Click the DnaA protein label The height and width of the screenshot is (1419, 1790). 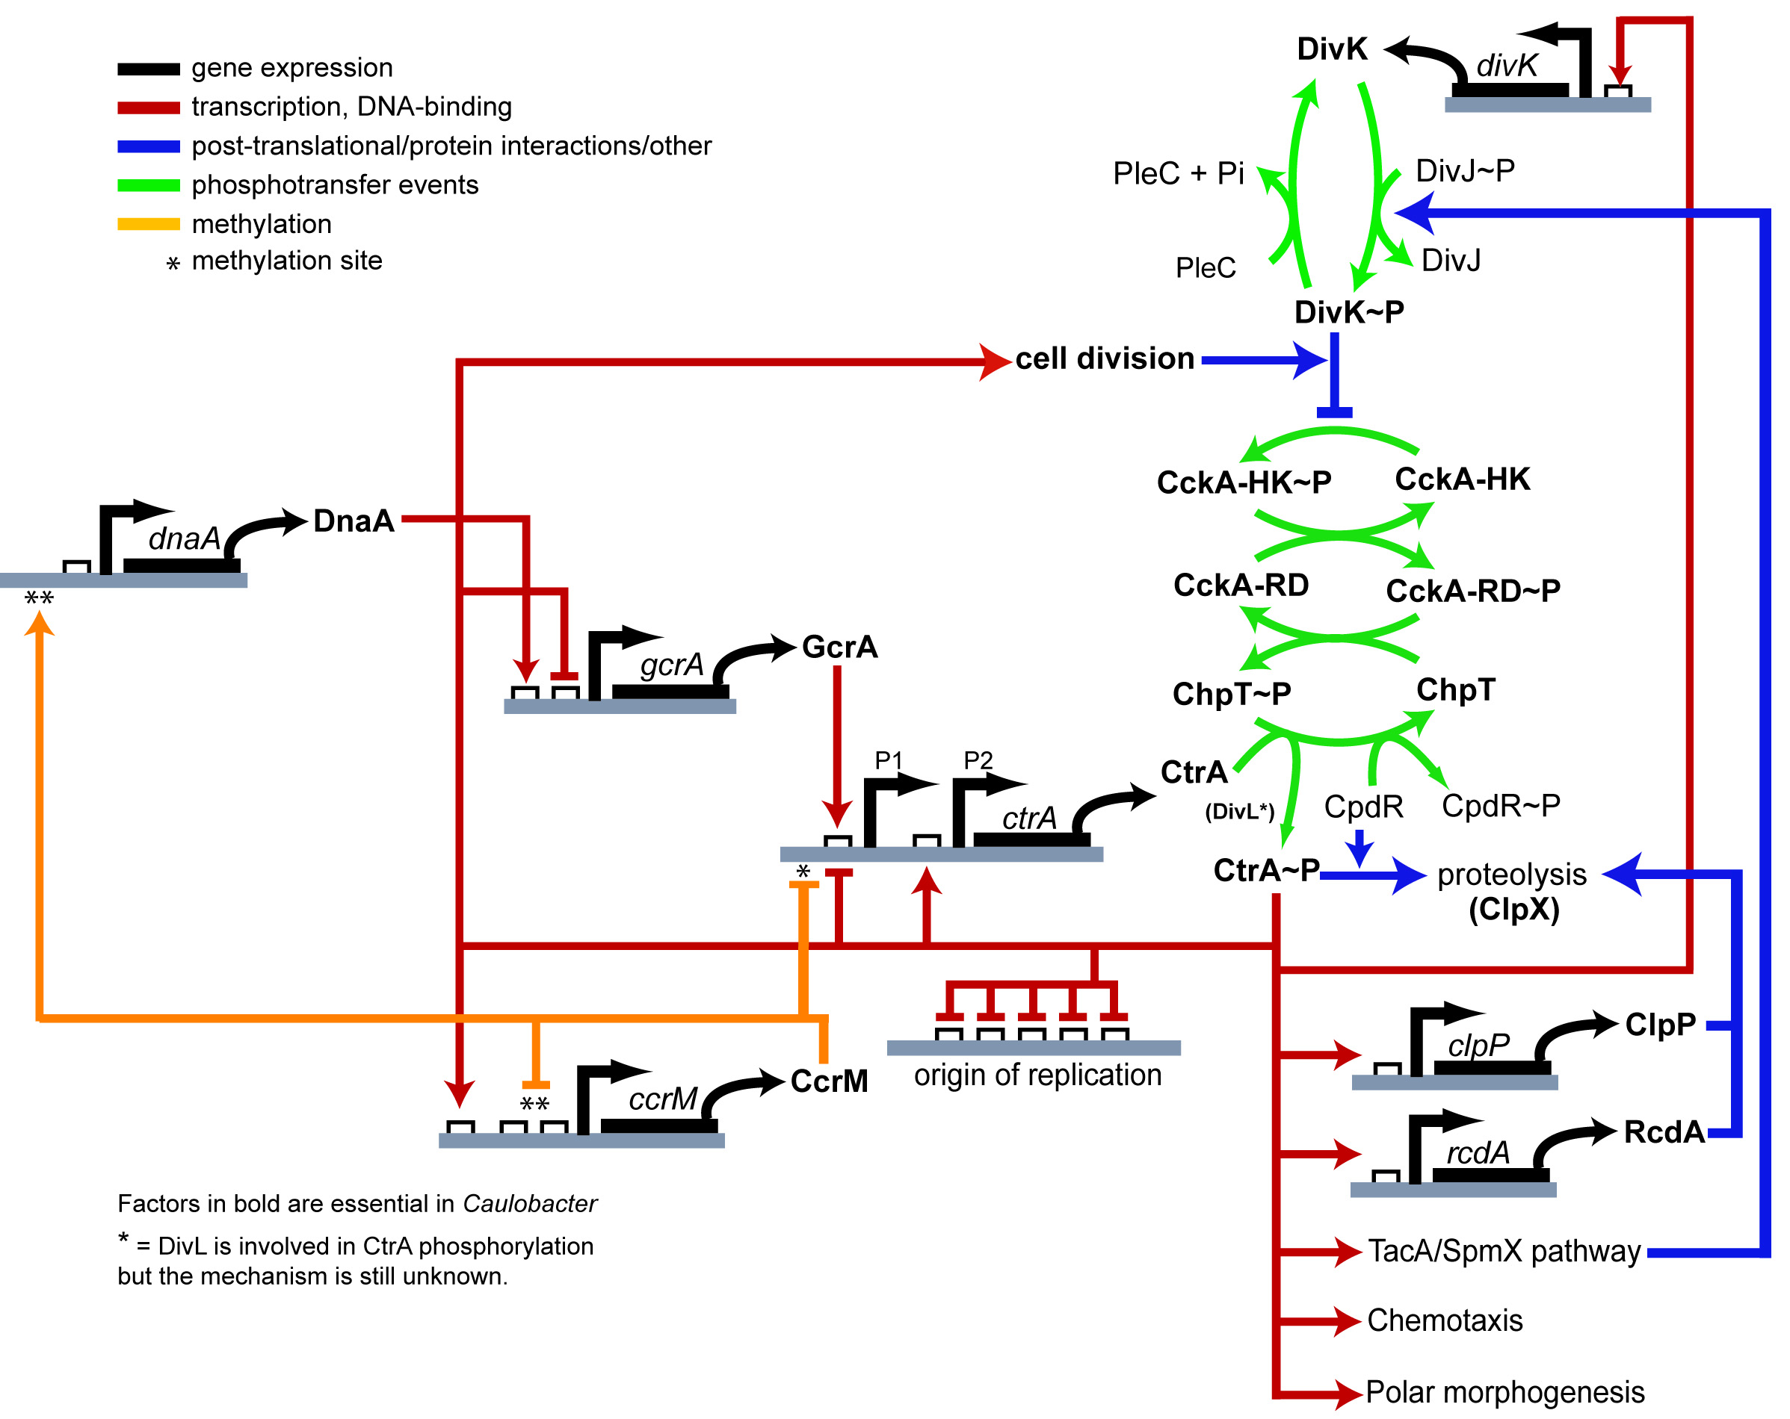tap(354, 521)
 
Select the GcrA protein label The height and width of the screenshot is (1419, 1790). tap(839, 647)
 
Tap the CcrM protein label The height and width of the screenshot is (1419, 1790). tap(830, 1081)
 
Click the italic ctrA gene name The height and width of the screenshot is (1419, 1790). tap(1029, 819)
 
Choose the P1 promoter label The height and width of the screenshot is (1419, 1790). tap(889, 760)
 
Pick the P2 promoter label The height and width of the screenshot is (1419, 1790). tap(978, 760)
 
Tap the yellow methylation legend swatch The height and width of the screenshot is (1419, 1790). tap(149, 224)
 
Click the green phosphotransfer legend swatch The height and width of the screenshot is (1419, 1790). tap(149, 185)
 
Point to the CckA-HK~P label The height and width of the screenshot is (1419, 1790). tap(1244, 482)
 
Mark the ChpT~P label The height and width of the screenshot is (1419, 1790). tap(1231, 694)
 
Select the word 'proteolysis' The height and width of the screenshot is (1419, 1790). tap(1512, 875)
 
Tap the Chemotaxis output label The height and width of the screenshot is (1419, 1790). tap(1445, 1320)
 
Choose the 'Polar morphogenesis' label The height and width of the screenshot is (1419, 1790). tap(1504, 1391)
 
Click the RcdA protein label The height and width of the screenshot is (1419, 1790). tap(1664, 1132)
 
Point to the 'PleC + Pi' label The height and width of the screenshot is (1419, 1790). tap(1178, 173)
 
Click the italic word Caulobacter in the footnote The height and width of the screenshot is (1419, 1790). tap(530, 1203)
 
